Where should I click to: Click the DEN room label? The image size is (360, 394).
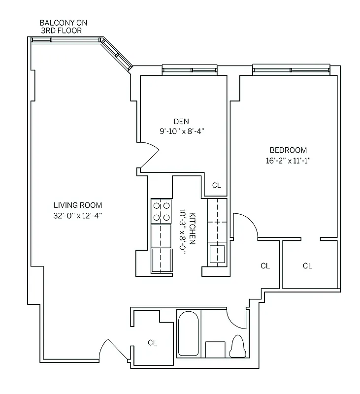[181, 122]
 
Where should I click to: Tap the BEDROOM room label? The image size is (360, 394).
[288, 150]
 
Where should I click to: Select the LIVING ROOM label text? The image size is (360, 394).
[78, 205]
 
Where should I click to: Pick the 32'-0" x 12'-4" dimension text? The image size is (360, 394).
[78, 215]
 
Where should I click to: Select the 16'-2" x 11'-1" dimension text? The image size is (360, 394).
[288, 160]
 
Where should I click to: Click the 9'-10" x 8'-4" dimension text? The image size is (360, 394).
[181, 131]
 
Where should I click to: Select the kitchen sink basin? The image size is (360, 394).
[217, 254]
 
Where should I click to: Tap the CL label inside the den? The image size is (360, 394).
[216, 186]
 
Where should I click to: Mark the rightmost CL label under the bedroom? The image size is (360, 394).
[307, 266]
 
